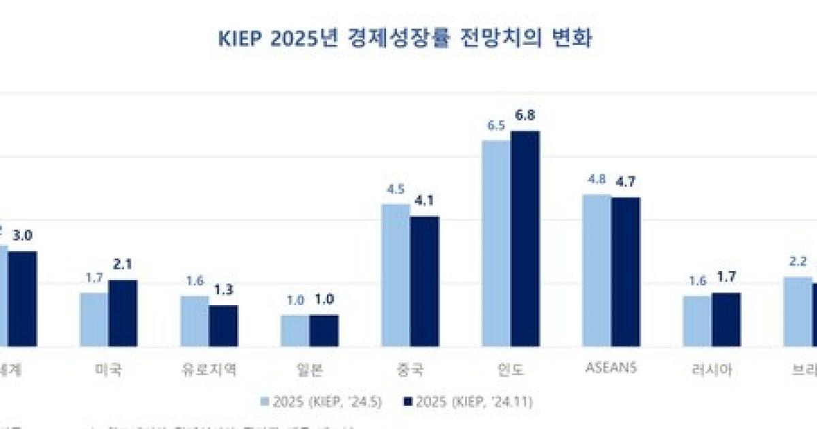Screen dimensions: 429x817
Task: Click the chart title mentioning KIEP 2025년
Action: click(x=406, y=39)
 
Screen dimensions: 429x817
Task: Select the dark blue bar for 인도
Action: click(x=525, y=238)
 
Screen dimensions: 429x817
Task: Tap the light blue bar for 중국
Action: click(x=396, y=275)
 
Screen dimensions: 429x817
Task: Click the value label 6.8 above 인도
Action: click(x=525, y=115)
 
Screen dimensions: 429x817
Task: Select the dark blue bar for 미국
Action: click(x=123, y=313)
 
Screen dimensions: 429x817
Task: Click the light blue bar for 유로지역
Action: click(x=195, y=321)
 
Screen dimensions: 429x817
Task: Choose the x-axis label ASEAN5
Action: click(x=611, y=368)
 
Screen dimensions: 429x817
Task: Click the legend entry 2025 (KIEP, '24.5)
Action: click(x=321, y=402)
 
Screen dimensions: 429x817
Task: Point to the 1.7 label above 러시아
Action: click(x=726, y=277)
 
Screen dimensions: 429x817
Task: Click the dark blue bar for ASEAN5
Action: click(x=626, y=272)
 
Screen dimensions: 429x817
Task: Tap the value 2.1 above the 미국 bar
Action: click(x=123, y=264)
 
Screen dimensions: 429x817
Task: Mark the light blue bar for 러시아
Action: click(x=697, y=321)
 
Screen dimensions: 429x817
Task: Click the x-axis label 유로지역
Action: click(x=209, y=370)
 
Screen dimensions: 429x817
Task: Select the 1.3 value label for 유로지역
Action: click(x=223, y=289)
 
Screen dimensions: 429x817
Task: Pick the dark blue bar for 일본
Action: click(x=324, y=330)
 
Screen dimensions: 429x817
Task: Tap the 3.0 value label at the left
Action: click(x=22, y=236)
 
